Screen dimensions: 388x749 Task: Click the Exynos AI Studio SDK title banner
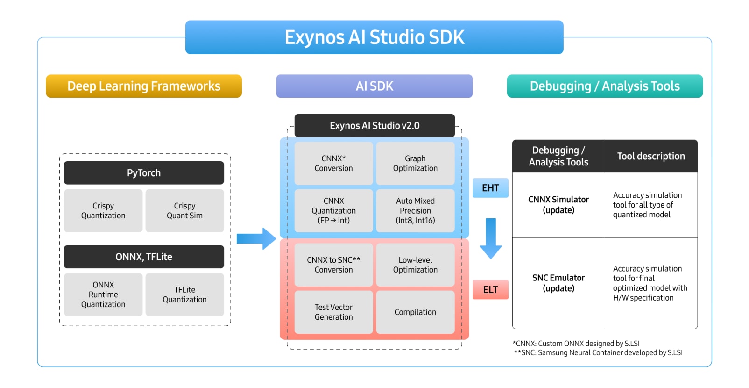tap(374, 37)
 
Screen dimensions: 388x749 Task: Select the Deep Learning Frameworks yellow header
tap(144, 86)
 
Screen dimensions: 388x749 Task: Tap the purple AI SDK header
tap(374, 86)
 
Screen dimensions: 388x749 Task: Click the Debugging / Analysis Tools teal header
tap(605, 86)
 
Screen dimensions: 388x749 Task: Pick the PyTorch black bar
tap(144, 173)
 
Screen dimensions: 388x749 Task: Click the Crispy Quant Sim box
tap(184, 211)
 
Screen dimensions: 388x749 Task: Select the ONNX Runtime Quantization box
tap(103, 295)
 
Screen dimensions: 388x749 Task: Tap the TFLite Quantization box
tap(184, 295)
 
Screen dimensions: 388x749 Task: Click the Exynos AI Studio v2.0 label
tap(374, 126)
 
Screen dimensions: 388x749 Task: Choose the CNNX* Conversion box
tap(333, 163)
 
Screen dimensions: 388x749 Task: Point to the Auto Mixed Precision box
tap(415, 210)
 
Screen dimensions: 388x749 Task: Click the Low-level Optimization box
tap(415, 265)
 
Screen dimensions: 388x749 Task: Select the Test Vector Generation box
tap(333, 312)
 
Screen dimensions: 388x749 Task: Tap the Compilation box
tap(415, 312)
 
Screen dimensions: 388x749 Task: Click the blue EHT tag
tap(490, 188)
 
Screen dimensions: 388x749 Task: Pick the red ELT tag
tap(490, 290)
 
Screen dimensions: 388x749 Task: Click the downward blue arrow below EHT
tap(490, 238)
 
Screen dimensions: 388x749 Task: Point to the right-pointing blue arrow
tap(256, 239)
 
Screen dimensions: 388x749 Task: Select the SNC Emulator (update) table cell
tap(558, 283)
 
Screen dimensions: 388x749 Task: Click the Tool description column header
tap(651, 156)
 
